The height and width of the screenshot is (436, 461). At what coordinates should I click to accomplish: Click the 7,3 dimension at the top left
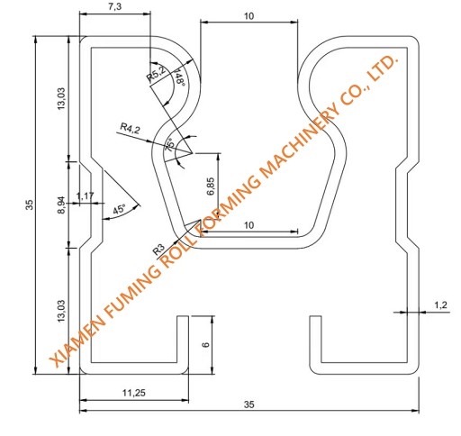click(x=114, y=7)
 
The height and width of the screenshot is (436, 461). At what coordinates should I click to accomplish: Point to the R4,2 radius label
click(x=131, y=129)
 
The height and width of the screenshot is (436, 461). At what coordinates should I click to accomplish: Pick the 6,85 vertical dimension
click(x=210, y=186)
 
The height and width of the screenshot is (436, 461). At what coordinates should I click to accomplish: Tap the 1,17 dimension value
click(x=86, y=195)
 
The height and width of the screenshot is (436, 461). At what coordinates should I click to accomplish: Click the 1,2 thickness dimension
click(x=440, y=305)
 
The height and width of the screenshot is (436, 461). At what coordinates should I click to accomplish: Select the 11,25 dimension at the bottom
click(x=133, y=393)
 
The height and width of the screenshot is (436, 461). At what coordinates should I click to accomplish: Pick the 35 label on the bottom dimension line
click(x=249, y=404)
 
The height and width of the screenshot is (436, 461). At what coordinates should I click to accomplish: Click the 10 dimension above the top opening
click(x=249, y=16)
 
